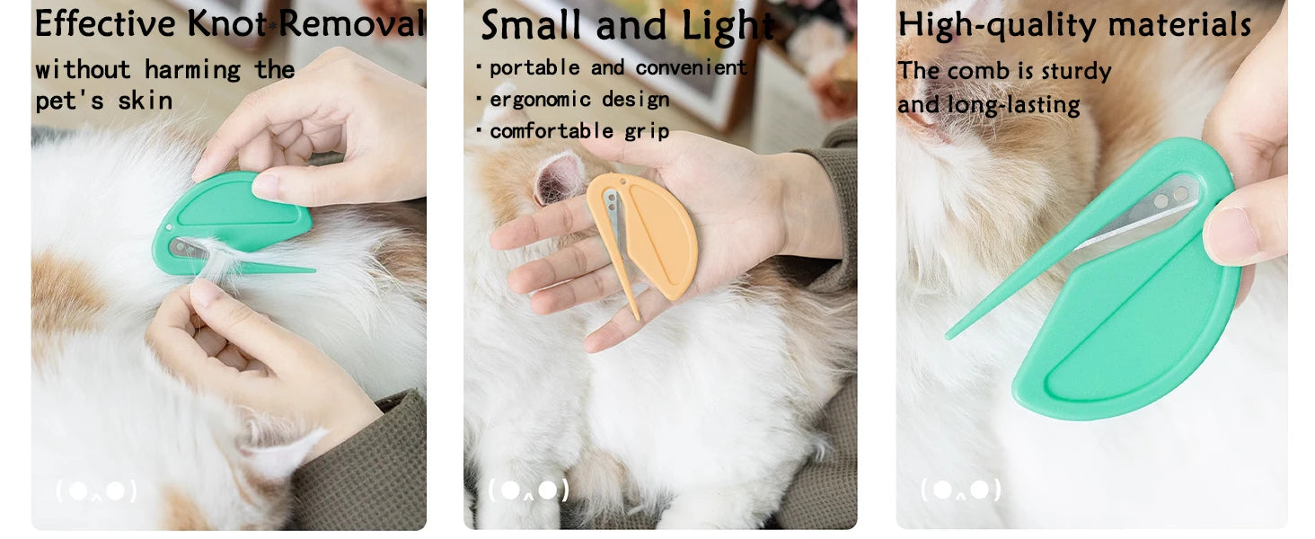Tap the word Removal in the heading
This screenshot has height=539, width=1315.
pyautogui.click(x=352, y=23)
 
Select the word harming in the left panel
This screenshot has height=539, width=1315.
pyautogui.click(x=193, y=70)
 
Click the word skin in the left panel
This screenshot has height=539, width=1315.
pyautogui.click(x=146, y=101)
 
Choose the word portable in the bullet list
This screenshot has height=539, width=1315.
pyautogui.click(x=534, y=68)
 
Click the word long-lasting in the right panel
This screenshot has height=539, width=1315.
pyautogui.click(x=1014, y=106)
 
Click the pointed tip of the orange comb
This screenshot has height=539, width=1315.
pyautogui.click(x=637, y=318)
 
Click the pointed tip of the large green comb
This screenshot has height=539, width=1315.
pyautogui.click(x=949, y=337)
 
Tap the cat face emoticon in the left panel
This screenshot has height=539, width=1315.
pyautogui.click(x=97, y=490)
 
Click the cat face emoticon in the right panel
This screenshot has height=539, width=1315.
pyautogui.click(x=960, y=490)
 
